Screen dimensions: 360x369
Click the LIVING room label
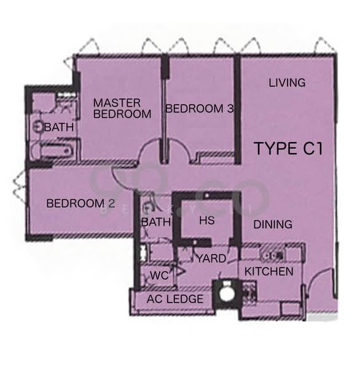click(287, 82)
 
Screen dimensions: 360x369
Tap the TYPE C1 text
click(289, 148)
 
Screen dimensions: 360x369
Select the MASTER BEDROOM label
click(122, 108)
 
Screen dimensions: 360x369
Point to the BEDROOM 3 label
click(200, 108)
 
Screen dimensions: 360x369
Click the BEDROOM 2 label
click(80, 204)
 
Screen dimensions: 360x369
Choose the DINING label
click(273, 224)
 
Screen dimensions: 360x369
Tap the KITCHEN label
click(268, 271)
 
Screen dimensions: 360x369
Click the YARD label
click(211, 258)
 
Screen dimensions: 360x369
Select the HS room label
click(207, 221)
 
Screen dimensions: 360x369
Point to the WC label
click(160, 276)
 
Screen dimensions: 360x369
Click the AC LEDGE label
click(175, 299)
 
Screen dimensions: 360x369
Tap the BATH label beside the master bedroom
click(59, 127)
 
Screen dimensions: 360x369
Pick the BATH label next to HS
click(156, 222)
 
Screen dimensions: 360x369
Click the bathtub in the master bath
click(54, 150)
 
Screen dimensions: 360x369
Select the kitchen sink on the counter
click(273, 255)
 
